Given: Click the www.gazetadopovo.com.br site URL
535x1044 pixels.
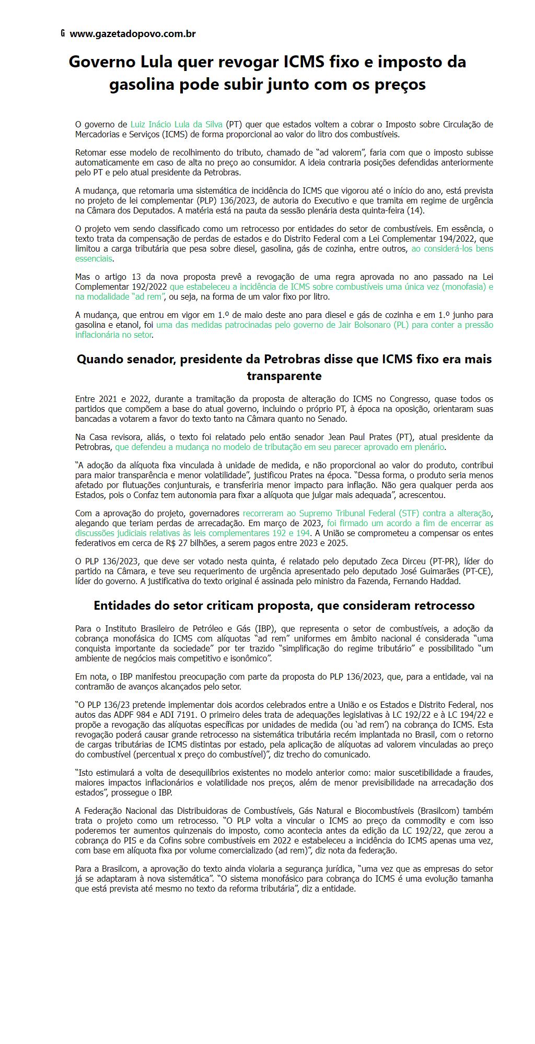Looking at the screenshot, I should point(133,34).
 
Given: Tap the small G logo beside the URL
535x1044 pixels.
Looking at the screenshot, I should point(63,33).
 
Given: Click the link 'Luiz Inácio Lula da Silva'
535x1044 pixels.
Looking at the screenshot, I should point(176,124).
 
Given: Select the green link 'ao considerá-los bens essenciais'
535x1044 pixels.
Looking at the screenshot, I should point(452,248).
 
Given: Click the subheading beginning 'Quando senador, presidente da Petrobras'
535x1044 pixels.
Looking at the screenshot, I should point(284,359).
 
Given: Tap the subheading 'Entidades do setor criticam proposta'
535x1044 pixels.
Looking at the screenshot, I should point(284,606).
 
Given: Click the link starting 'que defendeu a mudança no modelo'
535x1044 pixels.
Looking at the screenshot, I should point(280,447).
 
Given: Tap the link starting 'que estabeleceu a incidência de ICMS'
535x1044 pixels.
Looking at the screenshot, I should point(331,287).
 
